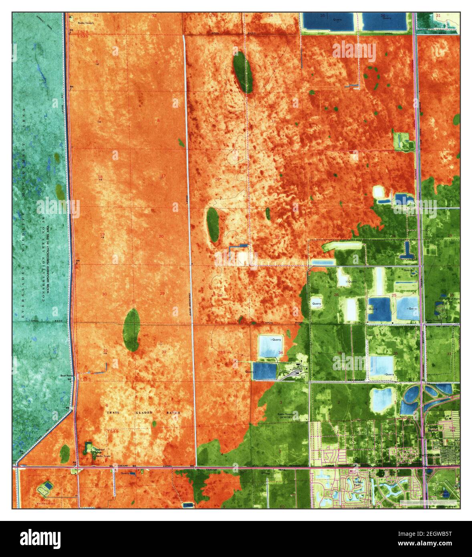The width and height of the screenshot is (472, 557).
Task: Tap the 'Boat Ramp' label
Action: [x=66, y=375]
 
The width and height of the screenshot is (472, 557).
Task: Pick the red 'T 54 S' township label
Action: [x=113, y=431]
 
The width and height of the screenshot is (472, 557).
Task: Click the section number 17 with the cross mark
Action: [x=163, y=176]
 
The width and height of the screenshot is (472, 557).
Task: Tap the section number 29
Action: [x=162, y=294]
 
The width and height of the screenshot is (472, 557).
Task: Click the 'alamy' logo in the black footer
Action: [x=40, y=538]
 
